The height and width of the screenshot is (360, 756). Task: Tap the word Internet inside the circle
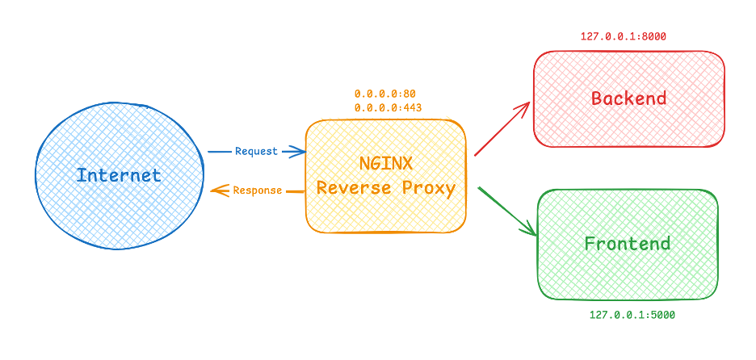click(x=119, y=175)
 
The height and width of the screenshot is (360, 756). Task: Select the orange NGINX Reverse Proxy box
click(x=385, y=218)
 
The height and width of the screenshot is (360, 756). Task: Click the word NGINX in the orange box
click(x=385, y=163)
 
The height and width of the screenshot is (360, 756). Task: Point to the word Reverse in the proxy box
click(x=347, y=188)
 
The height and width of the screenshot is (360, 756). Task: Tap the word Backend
click(x=628, y=98)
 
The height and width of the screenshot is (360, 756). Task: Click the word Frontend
click(x=628, y=243)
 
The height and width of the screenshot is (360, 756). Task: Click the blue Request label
click(x=256, y=151)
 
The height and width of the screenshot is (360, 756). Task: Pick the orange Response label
click(x=258, y=190)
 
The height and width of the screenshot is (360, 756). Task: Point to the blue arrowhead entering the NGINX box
click(x=300, y=151)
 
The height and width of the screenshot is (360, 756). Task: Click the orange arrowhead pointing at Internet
click(x=216, y=190)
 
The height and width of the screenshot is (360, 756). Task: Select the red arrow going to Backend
click(x=502, y=128)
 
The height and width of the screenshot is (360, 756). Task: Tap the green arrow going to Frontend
click(x=507, y=211)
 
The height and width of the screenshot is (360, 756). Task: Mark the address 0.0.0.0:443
click(x=388, y=107)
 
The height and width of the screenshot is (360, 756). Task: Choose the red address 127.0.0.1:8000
click(x=623, y=36)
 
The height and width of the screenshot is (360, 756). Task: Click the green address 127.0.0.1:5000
click(x=632, y=315)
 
